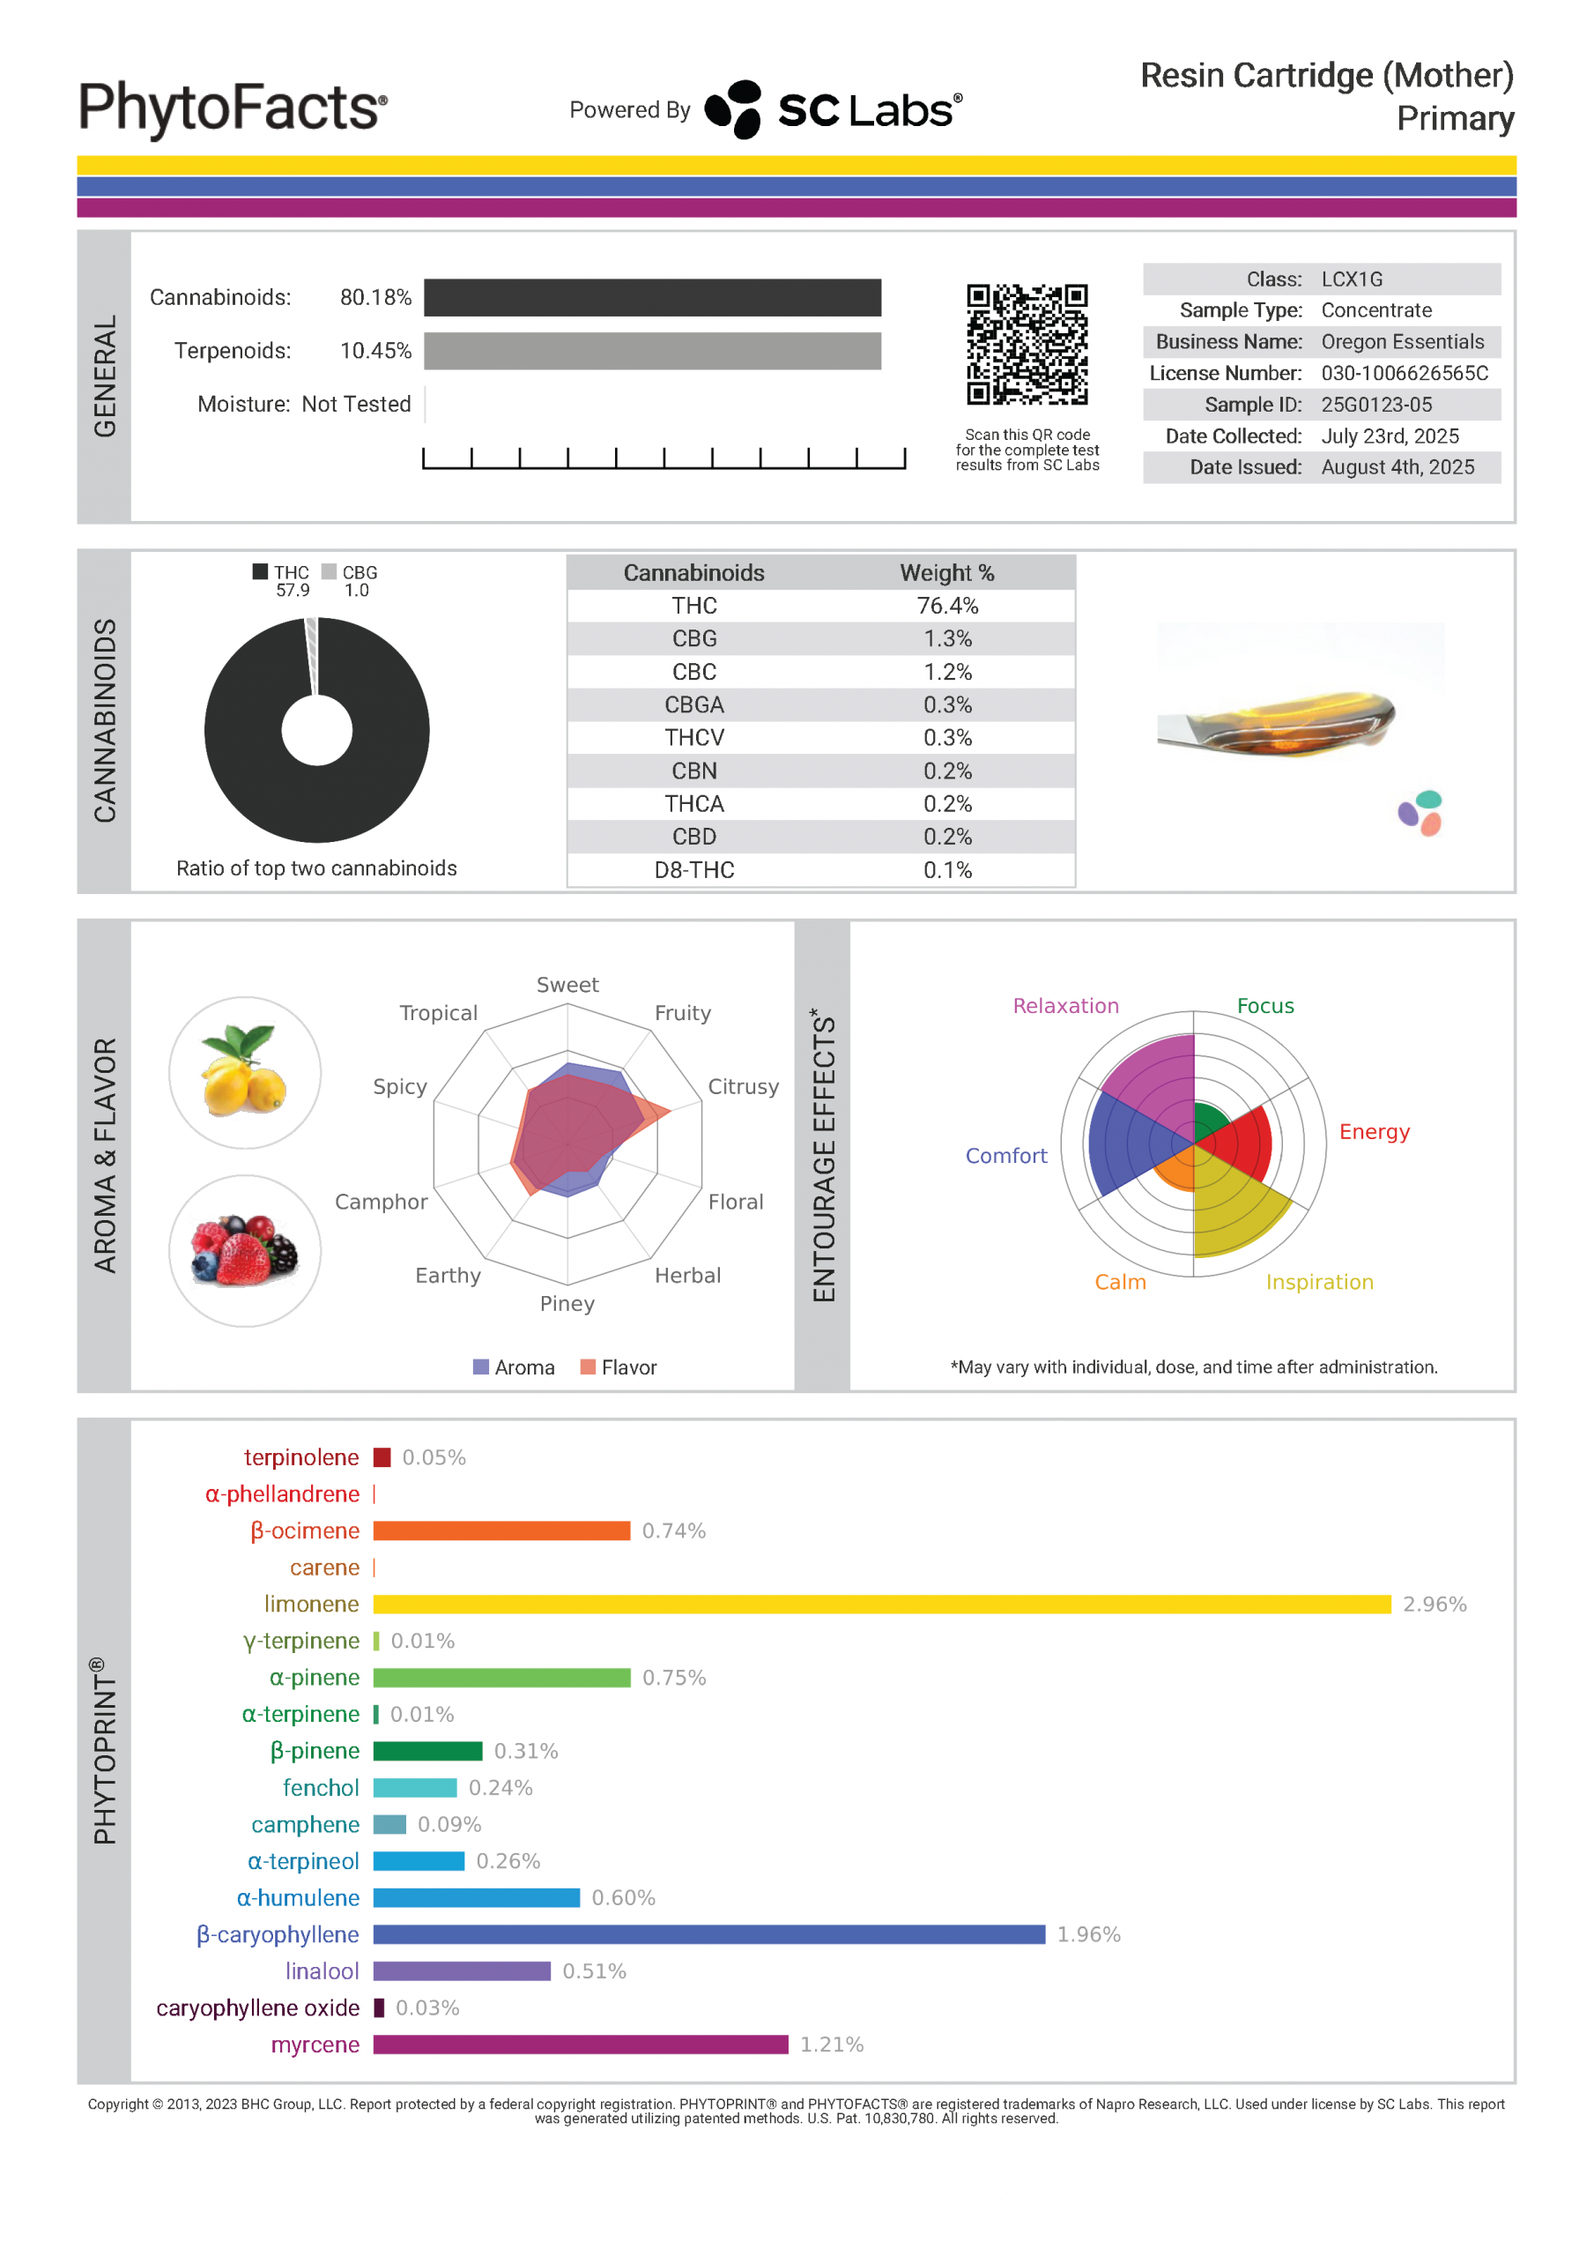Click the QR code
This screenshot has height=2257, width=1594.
coord(1027,344)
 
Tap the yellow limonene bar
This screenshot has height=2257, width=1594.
coord(881,1605)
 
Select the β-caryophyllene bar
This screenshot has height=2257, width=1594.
coord(708,1934)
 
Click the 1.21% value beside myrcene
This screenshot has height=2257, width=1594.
coord(832,2045)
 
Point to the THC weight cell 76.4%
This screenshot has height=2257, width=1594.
coord(947,606)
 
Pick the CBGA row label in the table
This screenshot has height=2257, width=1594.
coord(693,704)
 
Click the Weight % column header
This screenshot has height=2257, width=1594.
coord(947,572)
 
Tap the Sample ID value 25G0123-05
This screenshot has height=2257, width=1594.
coord(1375,405)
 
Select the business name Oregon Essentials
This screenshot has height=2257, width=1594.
coord(1403,342)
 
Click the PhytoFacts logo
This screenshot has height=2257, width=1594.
coord(233,108)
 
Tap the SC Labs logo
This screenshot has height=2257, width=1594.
coord(834,110)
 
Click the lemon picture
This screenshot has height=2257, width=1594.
coord(245,1072)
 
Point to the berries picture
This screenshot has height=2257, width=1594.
coord(245,1250)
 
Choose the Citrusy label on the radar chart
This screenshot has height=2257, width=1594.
coord(743,1086)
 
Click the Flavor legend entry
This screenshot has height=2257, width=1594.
coord(619,1367)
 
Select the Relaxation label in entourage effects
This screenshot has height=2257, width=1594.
coord(1065,1006)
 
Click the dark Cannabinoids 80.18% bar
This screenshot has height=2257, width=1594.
coord(653,298)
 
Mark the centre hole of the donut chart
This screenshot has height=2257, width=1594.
coord(316,730)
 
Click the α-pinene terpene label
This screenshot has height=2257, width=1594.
coord(315,1678)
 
